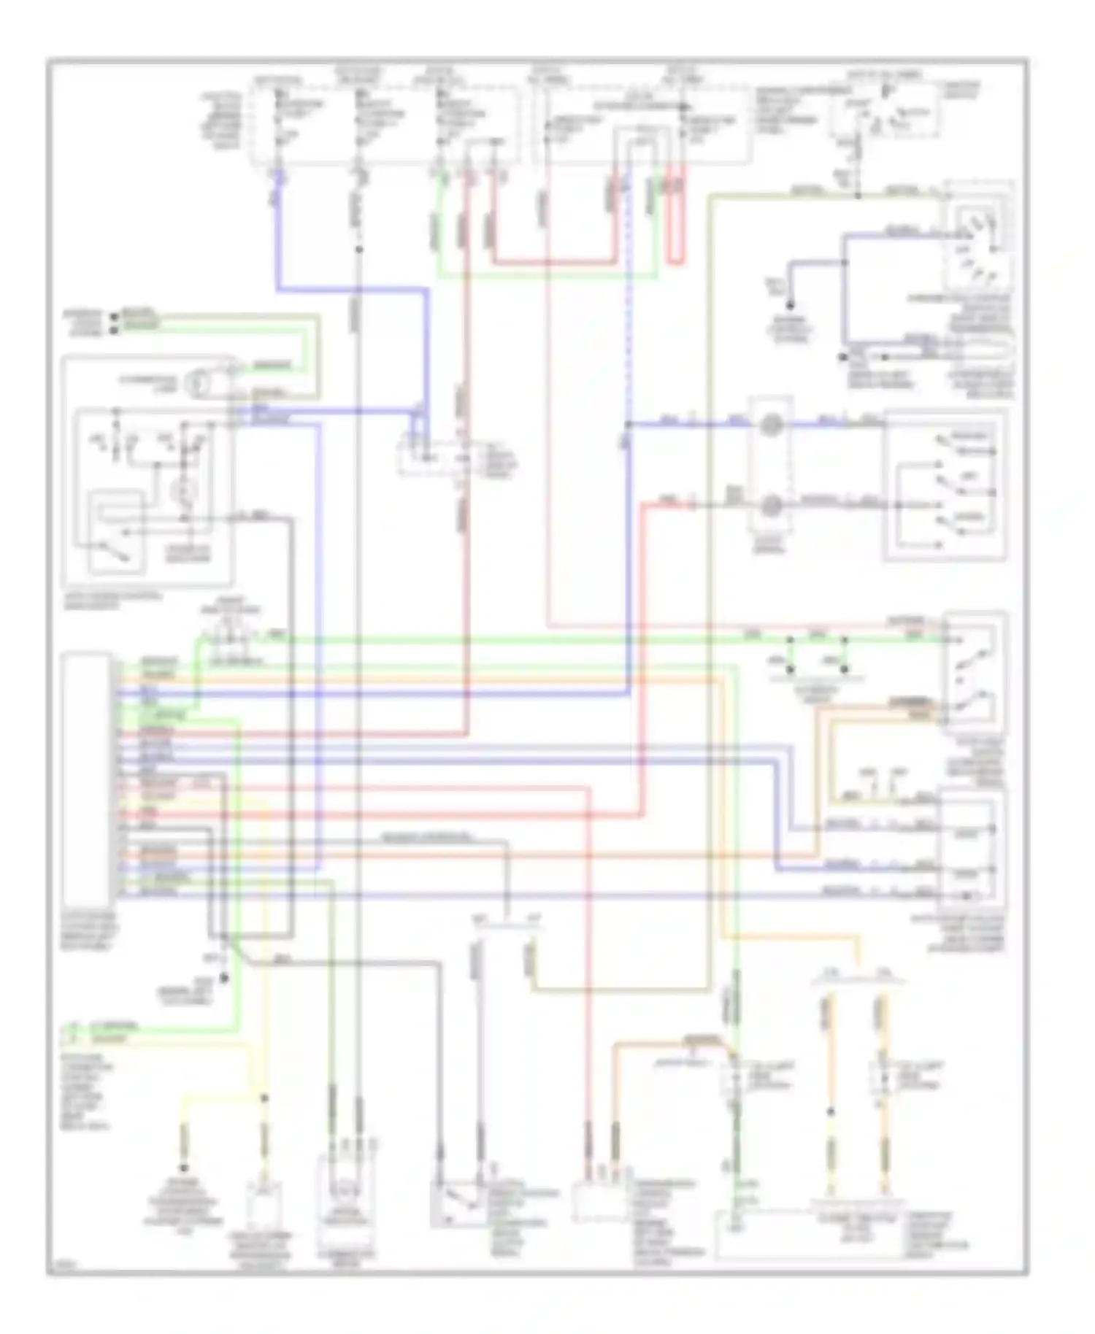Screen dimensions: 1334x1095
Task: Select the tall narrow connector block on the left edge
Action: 87,778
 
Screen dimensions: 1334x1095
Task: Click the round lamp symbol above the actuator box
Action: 198,383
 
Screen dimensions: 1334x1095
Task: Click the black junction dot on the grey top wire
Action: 358,250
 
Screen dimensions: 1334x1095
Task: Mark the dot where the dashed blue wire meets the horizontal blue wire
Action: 628,424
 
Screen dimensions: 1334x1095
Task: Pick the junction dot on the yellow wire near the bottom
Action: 263,1097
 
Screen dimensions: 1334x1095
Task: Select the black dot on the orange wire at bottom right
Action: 831,1112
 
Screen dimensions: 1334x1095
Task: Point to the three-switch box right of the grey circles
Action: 945,485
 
